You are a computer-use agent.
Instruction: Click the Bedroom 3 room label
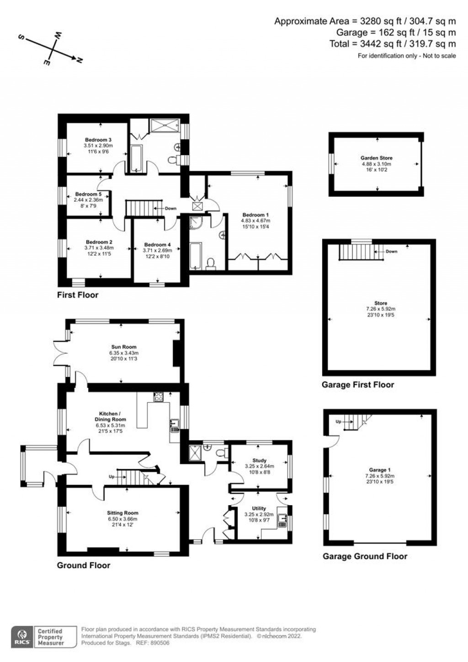(x=98, y=140)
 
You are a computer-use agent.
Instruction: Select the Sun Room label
(x=123, y=347)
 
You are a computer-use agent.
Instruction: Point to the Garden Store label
(x=377, y=158)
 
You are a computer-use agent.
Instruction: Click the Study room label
(x=259, y=461)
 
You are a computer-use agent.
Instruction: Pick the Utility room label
(x=259, y=508)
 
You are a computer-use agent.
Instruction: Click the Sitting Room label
(x=122, y=513)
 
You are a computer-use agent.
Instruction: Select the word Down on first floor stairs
(x=170, y=209)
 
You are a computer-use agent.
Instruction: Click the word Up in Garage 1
(x=338, y=421)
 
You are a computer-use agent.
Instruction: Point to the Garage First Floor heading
(x=357, y=385)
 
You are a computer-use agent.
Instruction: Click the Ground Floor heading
(x=84, y=565)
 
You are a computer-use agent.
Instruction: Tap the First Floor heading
(x=78, y=295)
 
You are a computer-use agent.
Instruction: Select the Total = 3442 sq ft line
(x=393, y=44)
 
